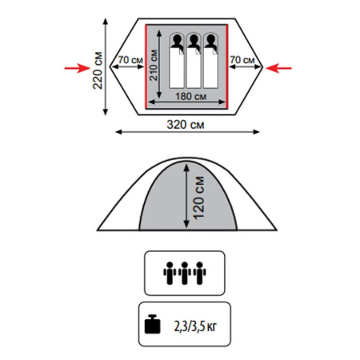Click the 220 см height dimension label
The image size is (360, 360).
tap(98, 70)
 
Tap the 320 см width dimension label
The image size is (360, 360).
tap(186, 125)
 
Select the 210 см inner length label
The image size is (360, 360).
tap(154, 65)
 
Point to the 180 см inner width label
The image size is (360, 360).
tap(190, 96)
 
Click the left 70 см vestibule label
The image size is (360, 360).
tap(130, 60)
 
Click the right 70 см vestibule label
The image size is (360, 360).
tap(242, 60)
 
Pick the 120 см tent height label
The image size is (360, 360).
tap(198, 198)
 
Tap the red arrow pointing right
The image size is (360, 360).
tap(77, 68)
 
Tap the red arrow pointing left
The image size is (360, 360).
tap(278, 68)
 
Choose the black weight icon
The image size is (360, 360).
tap(153, 324)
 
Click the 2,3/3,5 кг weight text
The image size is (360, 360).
tap(195, 326)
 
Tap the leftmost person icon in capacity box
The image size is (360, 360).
tap(170, 273)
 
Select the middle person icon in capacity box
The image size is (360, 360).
tap(185, 273)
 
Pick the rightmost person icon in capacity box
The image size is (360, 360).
tap(200, 273)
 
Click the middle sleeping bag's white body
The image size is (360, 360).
tap(194, 70)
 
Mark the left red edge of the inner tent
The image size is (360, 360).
tap(146, 66)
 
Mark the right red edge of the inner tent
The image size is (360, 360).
tap(227, 66)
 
